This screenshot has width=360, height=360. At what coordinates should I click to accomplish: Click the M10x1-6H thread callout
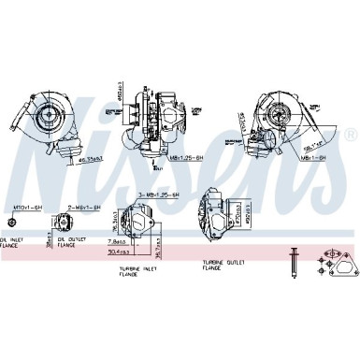click(x=20, y=205)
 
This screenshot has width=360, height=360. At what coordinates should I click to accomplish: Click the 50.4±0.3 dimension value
click(x=118, y=251)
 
